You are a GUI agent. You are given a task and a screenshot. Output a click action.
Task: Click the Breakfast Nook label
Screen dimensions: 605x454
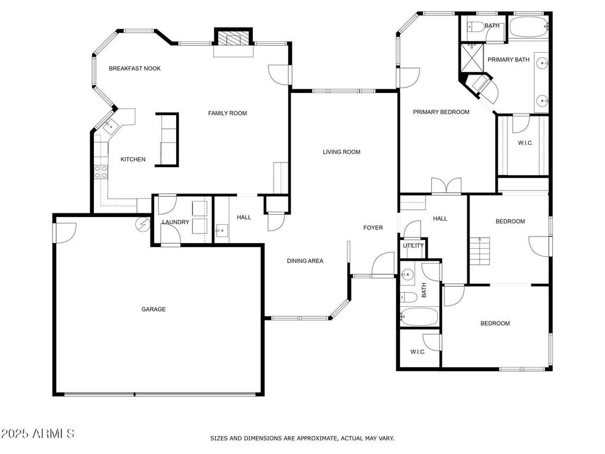pos(135,69)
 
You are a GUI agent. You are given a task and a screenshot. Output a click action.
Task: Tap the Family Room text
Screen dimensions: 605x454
pos(227,113)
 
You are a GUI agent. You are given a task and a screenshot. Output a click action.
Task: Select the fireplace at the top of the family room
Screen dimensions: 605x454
pos(233,37)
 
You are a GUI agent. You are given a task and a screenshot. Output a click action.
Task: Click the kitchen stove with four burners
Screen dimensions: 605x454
pos(101,172)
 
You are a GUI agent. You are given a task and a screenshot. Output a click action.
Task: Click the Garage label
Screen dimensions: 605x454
pos(153,309)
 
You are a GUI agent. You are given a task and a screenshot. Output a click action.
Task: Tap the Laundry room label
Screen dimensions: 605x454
pos(175,222)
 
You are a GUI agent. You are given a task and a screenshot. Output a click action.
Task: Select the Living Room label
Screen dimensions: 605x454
pos(341,152)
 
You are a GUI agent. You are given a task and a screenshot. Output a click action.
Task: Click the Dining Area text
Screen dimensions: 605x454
pos(305,261)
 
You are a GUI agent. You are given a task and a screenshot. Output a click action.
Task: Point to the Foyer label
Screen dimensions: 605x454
pos(373,228)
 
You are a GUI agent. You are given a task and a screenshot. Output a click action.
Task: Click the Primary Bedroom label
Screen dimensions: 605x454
pos(441,112)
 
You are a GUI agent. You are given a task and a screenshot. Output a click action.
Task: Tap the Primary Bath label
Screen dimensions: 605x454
pos(509,60)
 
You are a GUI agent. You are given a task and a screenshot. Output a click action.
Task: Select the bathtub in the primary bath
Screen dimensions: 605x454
pos(529,26)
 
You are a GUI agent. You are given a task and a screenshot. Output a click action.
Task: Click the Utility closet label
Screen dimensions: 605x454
pos(413,245)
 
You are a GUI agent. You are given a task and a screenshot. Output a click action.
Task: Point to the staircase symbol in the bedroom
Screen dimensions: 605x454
pos(480,251)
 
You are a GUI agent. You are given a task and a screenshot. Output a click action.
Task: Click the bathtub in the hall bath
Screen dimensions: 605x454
pos(419,317)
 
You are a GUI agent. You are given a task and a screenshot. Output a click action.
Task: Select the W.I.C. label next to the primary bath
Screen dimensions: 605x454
pos(525,143)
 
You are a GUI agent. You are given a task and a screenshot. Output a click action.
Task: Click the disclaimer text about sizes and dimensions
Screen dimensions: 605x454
pos(302,438)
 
